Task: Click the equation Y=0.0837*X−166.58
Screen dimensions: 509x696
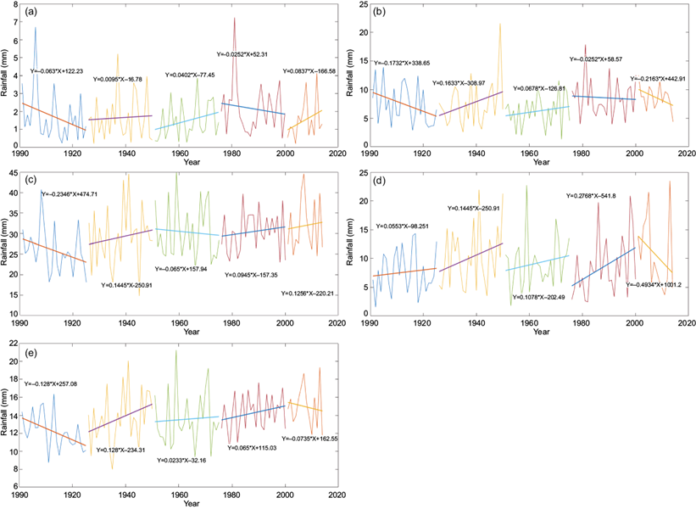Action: point(310,71)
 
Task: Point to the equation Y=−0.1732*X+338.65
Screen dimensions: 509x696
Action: point(407,63)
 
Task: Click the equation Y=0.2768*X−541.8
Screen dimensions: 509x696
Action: point(596,196)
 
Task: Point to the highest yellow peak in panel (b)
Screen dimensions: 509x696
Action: point(500,23)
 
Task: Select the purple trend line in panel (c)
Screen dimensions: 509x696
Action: point(120,237)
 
